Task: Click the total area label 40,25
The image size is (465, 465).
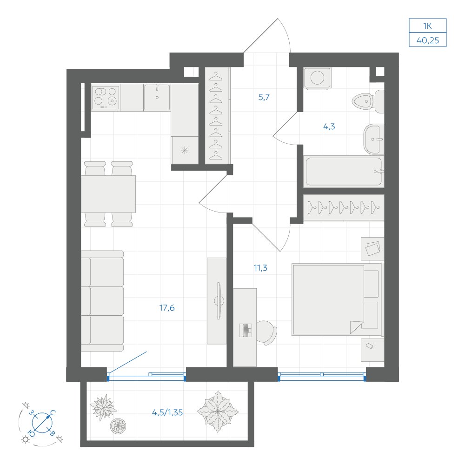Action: pyautogui.click(x=428, y=40)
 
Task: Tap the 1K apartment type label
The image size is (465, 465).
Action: pyautogui.click(x=428, y=26)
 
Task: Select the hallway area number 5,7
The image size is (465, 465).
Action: pyautogui.click(x=264, y=97)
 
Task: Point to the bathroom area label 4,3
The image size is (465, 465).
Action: pyautogui.click(x=329, y=126)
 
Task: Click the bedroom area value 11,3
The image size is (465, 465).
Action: pyautogui.click(x=260, y=268)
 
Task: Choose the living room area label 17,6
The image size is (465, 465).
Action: pyautogui.click(x=167, y=308)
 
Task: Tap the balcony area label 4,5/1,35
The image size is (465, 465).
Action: pyautogui.click(x=167, y=412)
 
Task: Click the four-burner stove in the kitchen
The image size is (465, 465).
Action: pyautogui.click(x=105, y=97)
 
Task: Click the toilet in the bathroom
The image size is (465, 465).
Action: pyautogui.click(x=368, y=101)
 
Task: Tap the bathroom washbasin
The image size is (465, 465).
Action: pyautogui.click(x=374, y=139)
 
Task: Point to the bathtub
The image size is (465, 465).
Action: pyautogui.click(x=344, y=172)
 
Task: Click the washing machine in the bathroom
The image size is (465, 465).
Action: pyautogui.click(x=317, y=78)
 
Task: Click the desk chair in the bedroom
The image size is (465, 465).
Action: pyautogui.click(x=266, y=332)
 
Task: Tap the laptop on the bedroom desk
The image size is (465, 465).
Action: pyautogui.click(x=245, y=330)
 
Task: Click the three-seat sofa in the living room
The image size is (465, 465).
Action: pyautogui.click(x=102, y=301)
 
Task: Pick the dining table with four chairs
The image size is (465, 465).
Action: pyautogui.click(x=108, y=194)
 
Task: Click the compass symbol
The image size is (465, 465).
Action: pyautogui.click(x=42, y=423)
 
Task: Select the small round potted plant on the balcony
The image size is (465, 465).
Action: pyautogui.click(x=118, y=426)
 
